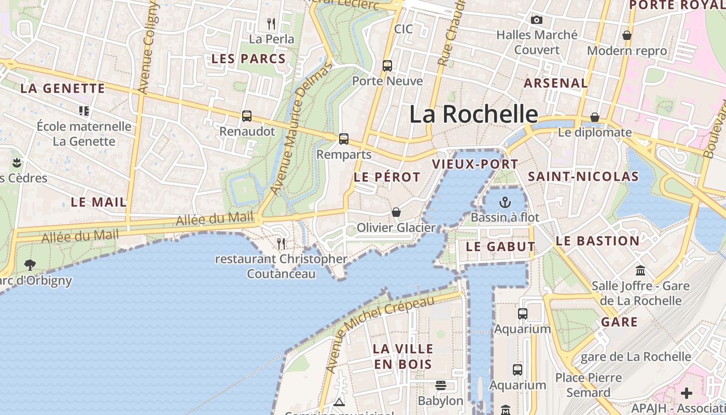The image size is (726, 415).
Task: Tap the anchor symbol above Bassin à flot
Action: tap(505, 202)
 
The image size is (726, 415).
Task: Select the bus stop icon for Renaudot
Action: tap(247, 116)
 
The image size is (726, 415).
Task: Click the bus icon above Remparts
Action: tap(344, 139)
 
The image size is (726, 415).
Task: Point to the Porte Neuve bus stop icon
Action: tap(387, 66)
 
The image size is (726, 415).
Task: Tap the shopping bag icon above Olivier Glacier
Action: tap(396, 212)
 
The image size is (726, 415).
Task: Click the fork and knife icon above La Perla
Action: tap(271, 24)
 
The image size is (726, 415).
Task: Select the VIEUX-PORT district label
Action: tap(475, 164)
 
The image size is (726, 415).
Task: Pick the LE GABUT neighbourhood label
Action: tap(500, 247)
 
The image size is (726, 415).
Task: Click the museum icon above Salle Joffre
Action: tap(640, 271)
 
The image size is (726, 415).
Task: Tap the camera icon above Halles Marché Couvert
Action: tap(537, 20)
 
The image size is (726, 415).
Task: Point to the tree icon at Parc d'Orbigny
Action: tap(30, 265)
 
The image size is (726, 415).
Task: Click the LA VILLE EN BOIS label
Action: tap(403, 356)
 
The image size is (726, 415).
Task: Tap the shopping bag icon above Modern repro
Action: tap(627, 35)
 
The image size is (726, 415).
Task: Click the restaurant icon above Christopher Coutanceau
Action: tap(281, 243)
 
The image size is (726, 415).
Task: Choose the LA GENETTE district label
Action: tap(63, 89)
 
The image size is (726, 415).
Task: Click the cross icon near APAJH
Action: tap(687, 393)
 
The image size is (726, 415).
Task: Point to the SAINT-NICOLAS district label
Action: tap(583, 177)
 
